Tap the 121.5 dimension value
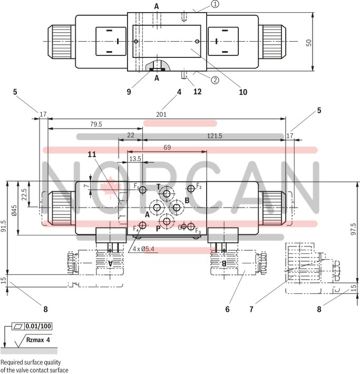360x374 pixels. click(214, 135)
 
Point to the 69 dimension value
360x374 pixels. click(167, 148)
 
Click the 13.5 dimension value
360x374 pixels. click(135, 159)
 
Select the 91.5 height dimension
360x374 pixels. click(4, 227)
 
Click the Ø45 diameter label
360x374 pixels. click(15, 210)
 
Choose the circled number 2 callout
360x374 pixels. click(215, 80)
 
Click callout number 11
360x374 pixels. click(92, 154)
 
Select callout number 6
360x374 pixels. click(227, 309)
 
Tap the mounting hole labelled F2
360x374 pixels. click(191, 188)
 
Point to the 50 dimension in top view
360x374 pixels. click(309, 43)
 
